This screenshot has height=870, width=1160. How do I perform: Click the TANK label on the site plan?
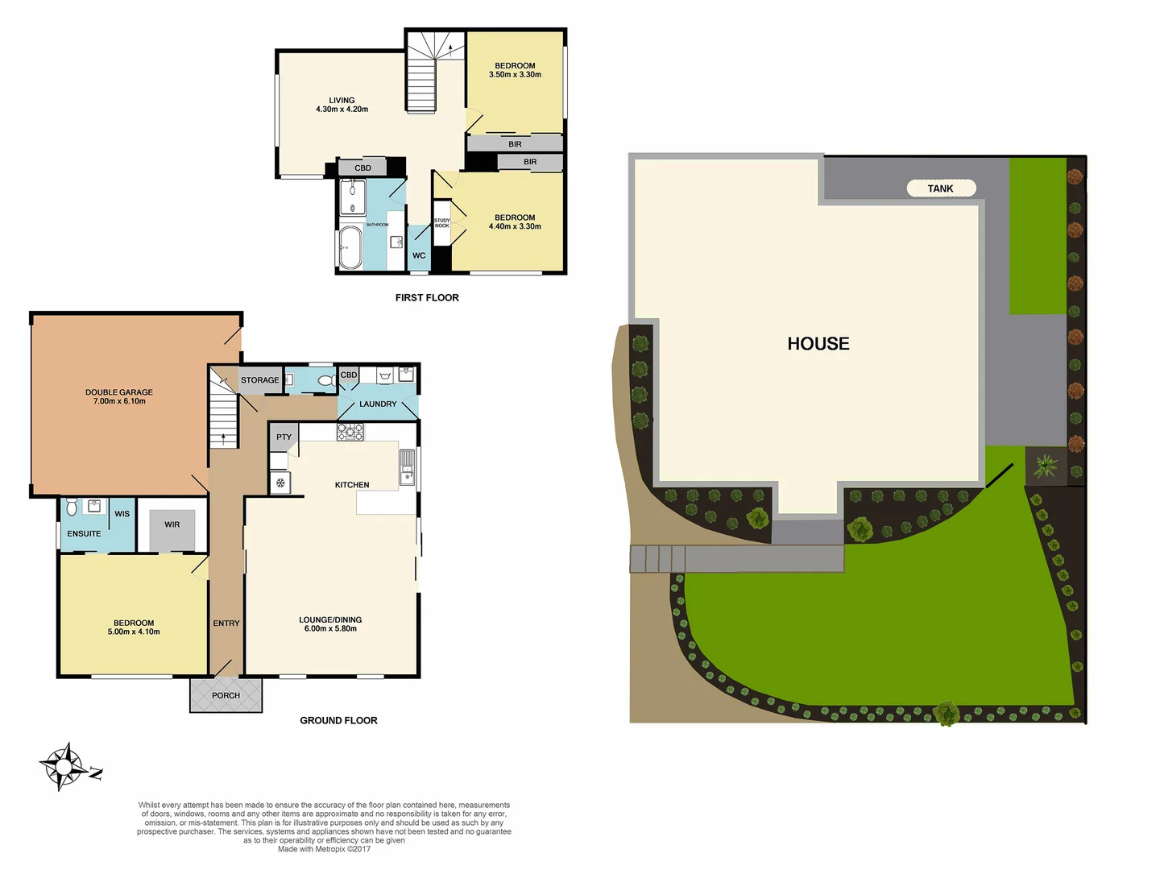[940, 188]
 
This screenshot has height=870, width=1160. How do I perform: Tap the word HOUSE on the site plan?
[818, 344]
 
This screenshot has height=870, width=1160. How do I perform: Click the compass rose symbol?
[63, 766]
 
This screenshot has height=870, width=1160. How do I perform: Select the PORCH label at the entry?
[226, 695]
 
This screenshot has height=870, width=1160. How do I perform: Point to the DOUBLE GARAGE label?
[119, 392]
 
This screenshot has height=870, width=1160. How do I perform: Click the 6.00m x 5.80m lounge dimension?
[330, 628]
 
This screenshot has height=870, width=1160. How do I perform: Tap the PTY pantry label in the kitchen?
[284, 437]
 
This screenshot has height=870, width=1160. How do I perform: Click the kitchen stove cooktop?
[350, 432]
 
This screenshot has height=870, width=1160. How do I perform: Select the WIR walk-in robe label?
[172, 524]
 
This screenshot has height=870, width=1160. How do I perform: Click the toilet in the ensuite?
[72, 507]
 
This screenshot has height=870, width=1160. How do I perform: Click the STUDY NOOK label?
[441, 223]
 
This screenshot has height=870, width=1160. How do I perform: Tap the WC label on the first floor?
[419, 255]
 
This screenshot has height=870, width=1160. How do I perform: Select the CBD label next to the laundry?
[348, 375]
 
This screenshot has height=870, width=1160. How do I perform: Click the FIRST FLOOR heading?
[427, 298]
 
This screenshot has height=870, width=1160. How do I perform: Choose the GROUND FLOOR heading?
[338, 720]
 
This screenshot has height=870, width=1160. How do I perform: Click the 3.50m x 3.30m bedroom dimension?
[515, 75]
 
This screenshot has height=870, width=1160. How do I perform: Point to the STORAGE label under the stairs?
[259, 380]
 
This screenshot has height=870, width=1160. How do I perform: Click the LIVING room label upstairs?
[342, 101]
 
